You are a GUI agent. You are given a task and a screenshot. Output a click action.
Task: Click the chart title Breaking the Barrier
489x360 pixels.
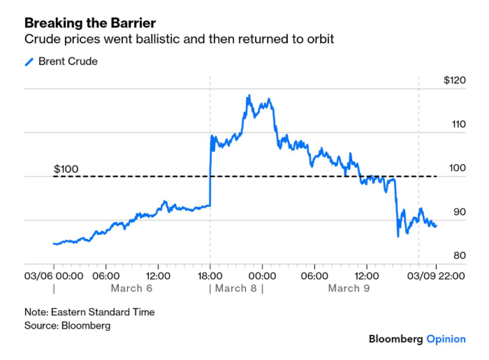click(x=89, y=23)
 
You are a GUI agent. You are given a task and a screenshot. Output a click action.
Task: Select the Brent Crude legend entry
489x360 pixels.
click(x=68, y=62)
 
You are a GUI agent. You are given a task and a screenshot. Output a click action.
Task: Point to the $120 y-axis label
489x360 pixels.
click(x=454, y=80)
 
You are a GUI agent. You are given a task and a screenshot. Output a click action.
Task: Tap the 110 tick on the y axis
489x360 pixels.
click(x=458, y=124)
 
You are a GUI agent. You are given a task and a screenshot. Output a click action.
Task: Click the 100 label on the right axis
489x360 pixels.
click(x=458, y=168)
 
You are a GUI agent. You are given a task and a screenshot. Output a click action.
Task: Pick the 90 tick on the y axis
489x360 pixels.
click(x=459, y=213)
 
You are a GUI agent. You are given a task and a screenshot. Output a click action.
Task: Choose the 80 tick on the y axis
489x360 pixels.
click(x=459, y=257)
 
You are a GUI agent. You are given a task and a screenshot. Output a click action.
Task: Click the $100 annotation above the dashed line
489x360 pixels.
click(x=66, y=169)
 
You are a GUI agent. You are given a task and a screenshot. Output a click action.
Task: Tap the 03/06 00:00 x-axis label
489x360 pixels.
click(x=54, y=275)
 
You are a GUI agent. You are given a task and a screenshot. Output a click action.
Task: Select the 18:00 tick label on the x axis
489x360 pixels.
click(x=210, y=275)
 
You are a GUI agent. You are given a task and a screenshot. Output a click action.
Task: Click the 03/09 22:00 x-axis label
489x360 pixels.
click(x=437, y=275)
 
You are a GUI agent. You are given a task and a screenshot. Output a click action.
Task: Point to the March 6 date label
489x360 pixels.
click(x=131, y=289)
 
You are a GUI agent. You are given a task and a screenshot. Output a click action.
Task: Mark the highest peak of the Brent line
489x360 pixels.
click(x=249, y=95)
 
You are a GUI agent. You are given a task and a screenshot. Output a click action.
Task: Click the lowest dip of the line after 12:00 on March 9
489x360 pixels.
click(x=398, y=236)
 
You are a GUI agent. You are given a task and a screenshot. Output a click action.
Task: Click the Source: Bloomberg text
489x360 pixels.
click(x=67, y=325)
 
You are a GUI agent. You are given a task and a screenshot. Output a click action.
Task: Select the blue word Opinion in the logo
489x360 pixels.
click(x=446, y=339)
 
